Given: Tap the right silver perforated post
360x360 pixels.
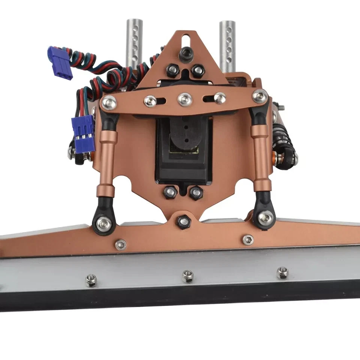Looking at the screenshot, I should (x=227, y=45).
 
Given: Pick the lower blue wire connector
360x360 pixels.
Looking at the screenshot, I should (x=83, y=133).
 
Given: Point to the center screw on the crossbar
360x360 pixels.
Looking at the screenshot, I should (x=185, y=99).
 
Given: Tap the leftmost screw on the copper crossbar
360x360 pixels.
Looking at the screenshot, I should (x=108, y=102).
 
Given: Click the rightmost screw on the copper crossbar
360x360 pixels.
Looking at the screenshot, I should (x=260, y=96).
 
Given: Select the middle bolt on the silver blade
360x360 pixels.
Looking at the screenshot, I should (x=187, y=276).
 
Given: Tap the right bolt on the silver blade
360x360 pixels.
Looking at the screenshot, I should (x=282, y=273).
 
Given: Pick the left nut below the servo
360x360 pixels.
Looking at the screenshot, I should (x=170, y=193).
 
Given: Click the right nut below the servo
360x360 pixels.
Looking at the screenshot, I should (x=196, y=193).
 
